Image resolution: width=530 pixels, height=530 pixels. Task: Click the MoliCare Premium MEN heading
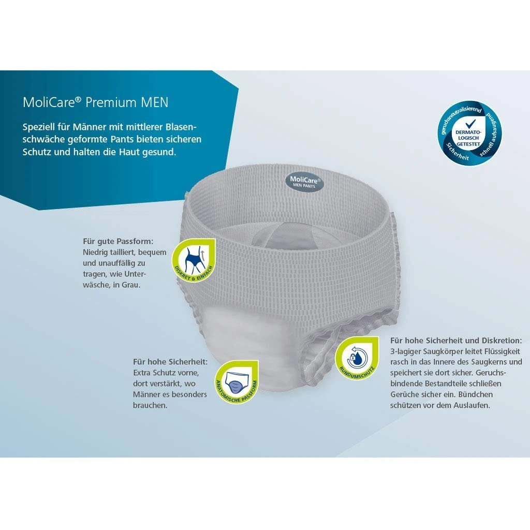click(95, 102)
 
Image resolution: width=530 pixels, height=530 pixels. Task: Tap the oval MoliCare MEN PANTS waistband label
click(304, 182)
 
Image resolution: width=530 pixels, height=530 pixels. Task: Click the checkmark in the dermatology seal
click(470, 123)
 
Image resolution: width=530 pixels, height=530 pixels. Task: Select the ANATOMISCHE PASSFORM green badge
click(237, 381)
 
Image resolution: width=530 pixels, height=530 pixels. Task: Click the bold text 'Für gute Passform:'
click(118, 242)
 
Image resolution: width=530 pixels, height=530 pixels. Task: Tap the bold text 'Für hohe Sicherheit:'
click(170, 362)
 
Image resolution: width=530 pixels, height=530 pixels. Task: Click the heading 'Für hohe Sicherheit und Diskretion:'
click(456, 341)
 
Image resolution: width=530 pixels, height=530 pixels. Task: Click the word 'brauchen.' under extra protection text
click(150, 405)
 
